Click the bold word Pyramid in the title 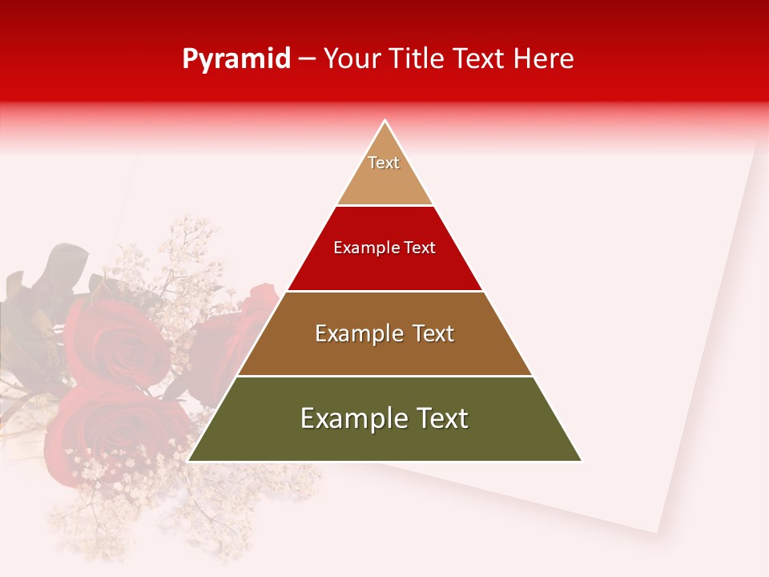point(236,59)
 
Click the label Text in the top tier point(384,163)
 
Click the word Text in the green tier point(440,418)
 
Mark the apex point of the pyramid point(385,121)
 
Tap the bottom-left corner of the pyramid point(189,461)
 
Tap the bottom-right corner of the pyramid point(581,461)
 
